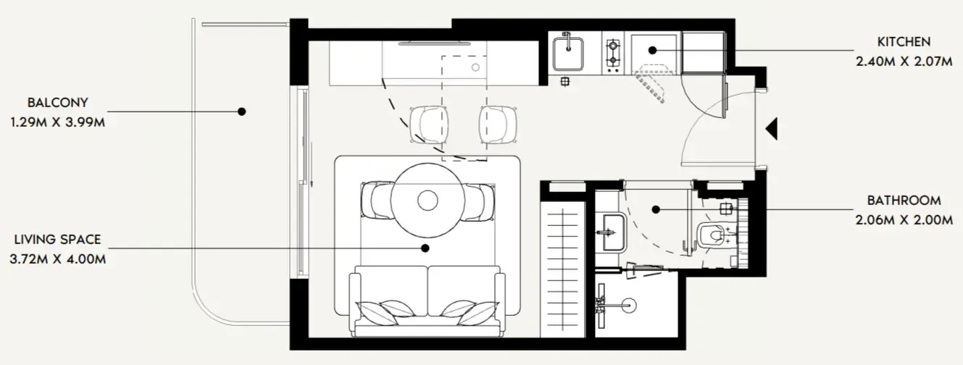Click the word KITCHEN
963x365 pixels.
point(904,42)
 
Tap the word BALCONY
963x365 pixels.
point(58,103)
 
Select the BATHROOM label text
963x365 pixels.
point(904,201)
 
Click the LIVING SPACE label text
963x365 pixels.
point(58,240)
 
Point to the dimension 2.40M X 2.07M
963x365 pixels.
point(904,62)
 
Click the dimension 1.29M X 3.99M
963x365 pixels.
point(58,122)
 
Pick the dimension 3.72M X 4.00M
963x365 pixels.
point(58,260)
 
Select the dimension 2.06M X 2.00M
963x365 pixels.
point(904,220)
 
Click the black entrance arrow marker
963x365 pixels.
point(772,128)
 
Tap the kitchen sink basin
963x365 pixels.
point(568,54)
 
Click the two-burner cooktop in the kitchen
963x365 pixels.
point(612,55)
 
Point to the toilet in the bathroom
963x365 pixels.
point(711,235)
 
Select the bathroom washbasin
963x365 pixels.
point(612,233)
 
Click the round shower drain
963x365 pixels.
point(630,305)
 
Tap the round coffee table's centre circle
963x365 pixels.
point(428,201)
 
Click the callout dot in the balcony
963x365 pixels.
point(242,112)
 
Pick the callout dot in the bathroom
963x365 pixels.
point(656,210)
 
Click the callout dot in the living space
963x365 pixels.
point(425,248)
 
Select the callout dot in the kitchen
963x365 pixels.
point(652,50)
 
